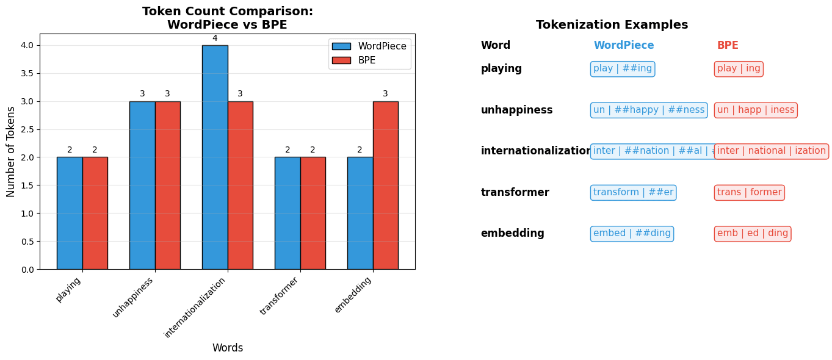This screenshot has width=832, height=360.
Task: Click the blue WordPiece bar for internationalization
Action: tap(215, 157)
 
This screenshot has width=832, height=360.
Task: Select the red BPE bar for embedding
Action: tap(385, 185)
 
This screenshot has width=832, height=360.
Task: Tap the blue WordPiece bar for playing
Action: tap(70, 213)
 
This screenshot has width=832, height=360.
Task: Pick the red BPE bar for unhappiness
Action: tap(167, 185)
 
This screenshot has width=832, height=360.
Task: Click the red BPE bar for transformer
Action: tap(313, 213)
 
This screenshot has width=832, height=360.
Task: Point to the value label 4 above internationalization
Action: tap(215, 38)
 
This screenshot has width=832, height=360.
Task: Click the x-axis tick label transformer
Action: tap(280, 296)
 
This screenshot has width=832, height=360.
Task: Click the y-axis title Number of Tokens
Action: tap(12, 151)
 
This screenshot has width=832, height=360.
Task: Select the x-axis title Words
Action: tap(228, 348)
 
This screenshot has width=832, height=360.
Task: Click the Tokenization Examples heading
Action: tap(612, 25)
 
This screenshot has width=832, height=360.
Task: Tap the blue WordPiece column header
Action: tap(623, 46)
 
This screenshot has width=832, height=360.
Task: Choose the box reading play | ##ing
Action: tap(623, 69)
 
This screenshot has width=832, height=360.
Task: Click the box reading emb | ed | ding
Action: tap(753, 234)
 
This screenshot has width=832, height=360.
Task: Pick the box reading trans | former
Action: tap(749, 193)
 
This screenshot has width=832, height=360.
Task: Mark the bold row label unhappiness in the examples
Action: tap(516, 110)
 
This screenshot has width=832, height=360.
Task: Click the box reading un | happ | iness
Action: tap(756, 110)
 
